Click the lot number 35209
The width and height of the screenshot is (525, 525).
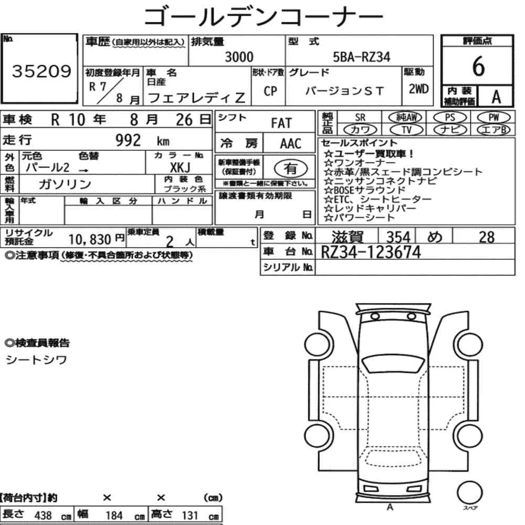(41, 71)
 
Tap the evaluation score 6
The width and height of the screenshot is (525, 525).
(478, 66)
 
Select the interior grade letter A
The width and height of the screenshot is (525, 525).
(496, 97)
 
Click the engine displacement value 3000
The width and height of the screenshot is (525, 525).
(239, 57)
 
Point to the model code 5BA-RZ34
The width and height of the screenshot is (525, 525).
(362, 57)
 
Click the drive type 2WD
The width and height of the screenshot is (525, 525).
(418, 89)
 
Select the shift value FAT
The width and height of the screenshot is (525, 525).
(281, 123)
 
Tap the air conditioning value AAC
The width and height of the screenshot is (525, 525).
(291, 144)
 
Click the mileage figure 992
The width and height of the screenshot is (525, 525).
(128, 140)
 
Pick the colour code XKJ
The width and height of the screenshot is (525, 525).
(180, 167)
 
